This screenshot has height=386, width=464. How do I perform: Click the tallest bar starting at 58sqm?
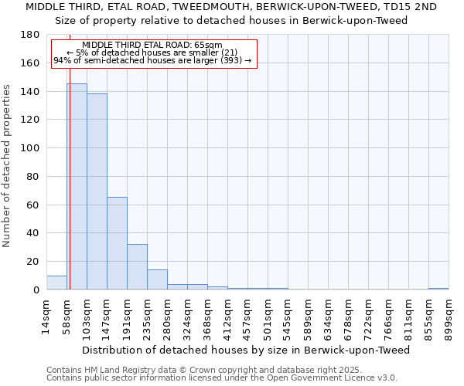[77, 186]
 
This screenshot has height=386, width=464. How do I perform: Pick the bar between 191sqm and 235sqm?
[137, 267]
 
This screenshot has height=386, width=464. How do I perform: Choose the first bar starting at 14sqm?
[56, 283]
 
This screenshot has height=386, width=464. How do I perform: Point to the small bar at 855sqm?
[438, 289]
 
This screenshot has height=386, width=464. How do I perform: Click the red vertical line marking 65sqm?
[69, 193]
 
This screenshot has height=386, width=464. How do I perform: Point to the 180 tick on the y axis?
[31, 35]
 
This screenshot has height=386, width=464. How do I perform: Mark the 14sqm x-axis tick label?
[46, 317]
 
